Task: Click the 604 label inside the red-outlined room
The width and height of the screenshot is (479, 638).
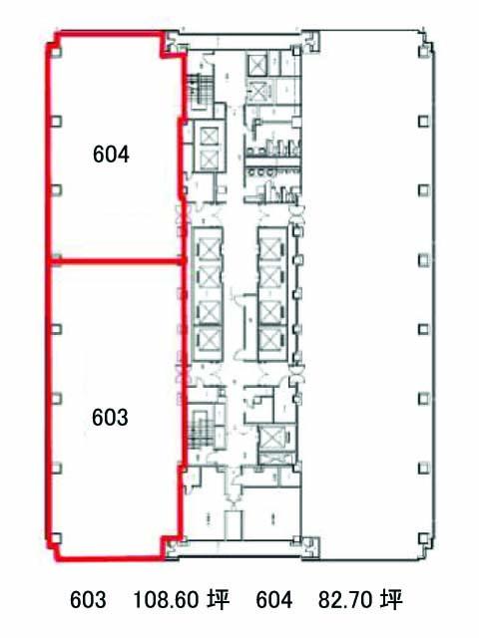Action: (x=111, y=155)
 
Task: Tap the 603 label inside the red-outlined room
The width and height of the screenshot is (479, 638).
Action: (x=110, y=418)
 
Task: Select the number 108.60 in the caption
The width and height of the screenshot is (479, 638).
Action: (x=166, y=599)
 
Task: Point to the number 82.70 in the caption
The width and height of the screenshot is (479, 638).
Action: (x=344, y=599)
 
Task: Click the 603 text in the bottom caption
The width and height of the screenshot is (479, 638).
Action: (x=88, y=599)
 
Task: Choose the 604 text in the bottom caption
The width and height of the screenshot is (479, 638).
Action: (x=273, y=599)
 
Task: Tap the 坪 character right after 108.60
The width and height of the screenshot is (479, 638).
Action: (x=219, y=599)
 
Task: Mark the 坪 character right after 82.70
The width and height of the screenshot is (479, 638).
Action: (x=391, y=599)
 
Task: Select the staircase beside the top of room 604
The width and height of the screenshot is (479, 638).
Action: (x=200, y=92)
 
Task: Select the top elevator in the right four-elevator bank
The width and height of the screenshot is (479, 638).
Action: (x=269, y=248)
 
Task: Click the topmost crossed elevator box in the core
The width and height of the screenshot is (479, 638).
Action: (x=257, y=64)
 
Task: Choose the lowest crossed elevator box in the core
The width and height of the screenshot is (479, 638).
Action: (x=269, y=439)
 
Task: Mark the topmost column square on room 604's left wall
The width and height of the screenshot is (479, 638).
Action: (x=57, y=52)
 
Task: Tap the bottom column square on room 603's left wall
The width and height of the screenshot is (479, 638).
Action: (x=57, y=538)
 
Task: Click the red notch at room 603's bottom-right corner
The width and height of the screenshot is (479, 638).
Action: (x=171, y=545)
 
